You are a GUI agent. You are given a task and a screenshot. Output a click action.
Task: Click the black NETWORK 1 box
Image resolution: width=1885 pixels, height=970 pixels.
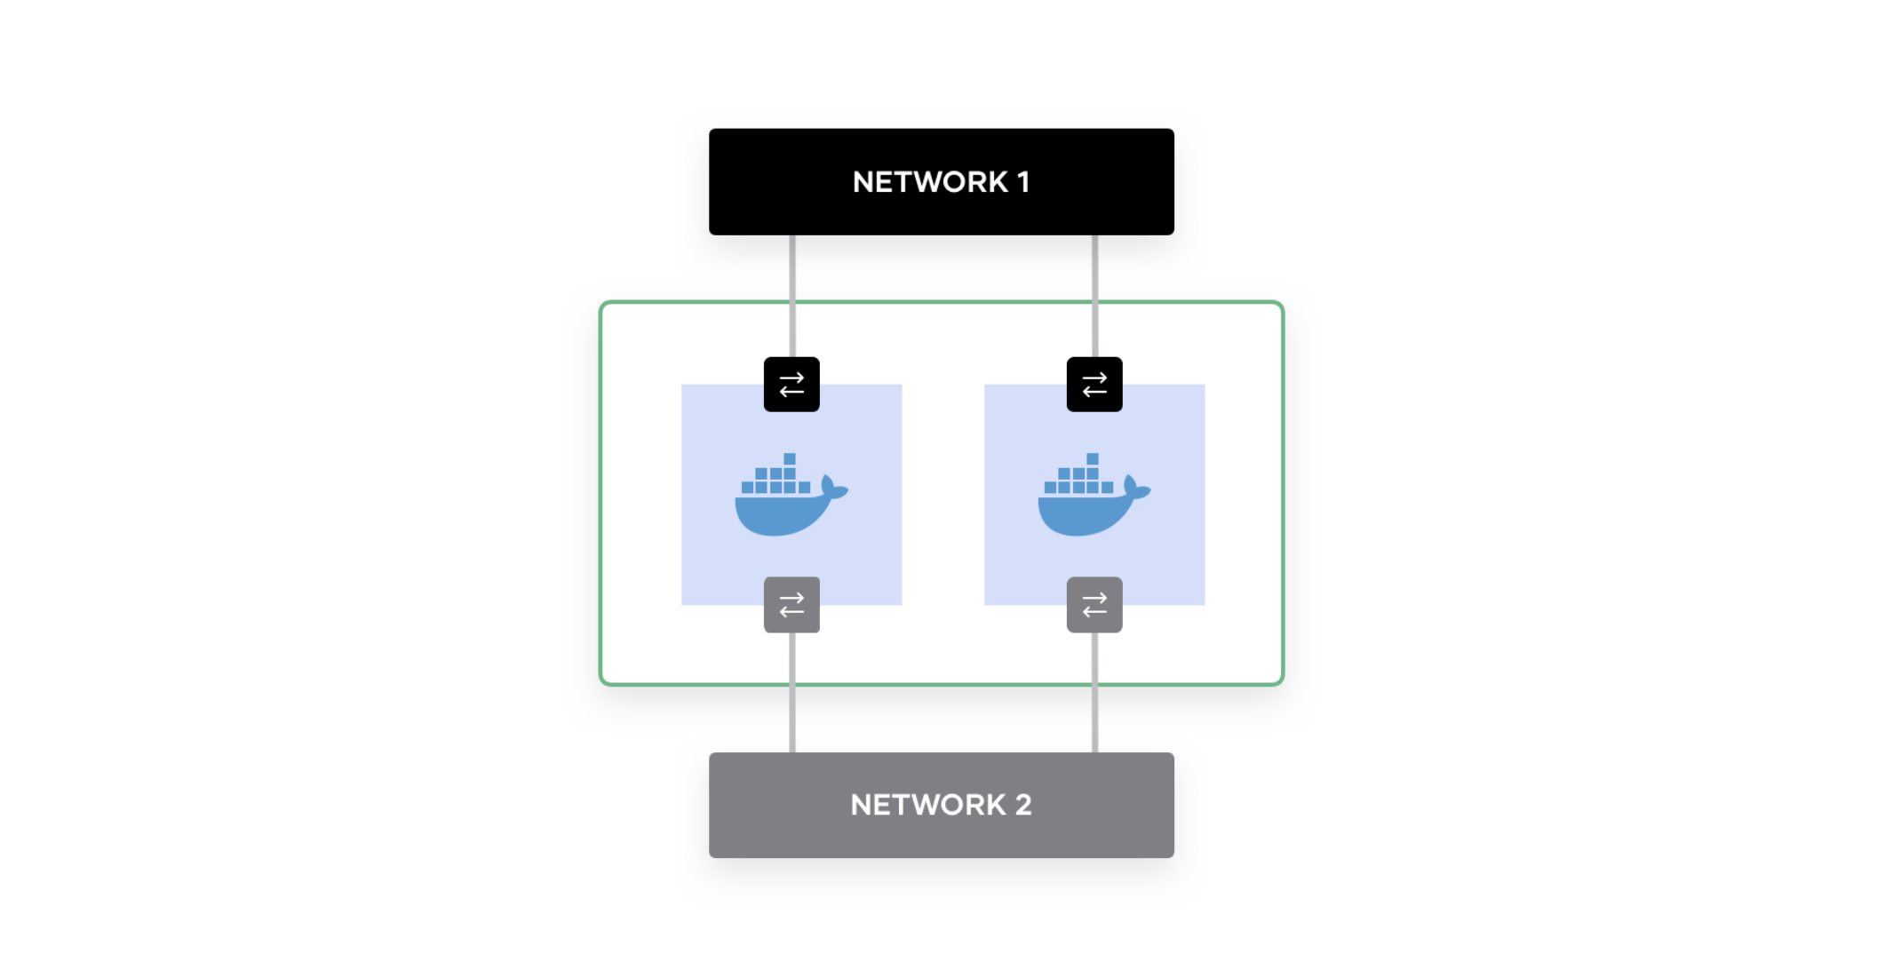(x=941, y=182)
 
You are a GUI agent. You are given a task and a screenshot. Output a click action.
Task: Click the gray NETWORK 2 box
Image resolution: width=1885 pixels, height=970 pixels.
(x=941, y=805)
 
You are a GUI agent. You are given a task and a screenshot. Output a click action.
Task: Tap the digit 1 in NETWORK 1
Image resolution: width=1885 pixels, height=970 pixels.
(x=1023, y=182)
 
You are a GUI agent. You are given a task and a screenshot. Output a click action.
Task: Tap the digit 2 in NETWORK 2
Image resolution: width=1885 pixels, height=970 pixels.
(x=1023, y=805)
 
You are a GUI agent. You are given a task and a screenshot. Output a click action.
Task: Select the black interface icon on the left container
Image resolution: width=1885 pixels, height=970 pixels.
(x=791, y=385)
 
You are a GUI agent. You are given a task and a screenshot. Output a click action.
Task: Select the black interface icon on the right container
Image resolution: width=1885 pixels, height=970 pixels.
(x=1094, y=385)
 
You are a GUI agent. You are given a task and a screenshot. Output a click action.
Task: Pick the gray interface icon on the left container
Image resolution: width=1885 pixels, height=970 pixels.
(x=791, y=605)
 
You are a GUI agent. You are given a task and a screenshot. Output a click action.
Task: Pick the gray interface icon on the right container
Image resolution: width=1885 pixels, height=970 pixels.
(x=1094, y=605)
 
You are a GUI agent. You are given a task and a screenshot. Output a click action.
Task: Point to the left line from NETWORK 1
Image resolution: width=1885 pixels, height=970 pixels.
(x=792, y=296)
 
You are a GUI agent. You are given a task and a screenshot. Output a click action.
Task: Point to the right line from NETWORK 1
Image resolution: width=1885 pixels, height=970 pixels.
(x=1095, y=296)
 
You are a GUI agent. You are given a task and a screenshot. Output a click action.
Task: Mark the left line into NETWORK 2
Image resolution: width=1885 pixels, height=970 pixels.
(x=792, y=693)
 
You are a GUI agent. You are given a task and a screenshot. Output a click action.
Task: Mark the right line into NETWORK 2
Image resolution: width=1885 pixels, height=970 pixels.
(x=1095, y=693)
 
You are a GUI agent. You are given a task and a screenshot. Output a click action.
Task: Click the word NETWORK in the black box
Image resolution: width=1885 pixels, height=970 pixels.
(x=930, y=182)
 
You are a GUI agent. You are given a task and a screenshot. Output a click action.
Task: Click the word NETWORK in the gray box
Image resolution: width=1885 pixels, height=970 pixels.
(x=928, y=805)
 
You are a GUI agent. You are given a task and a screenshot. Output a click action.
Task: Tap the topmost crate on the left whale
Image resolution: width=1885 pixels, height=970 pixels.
(x=790, y=459)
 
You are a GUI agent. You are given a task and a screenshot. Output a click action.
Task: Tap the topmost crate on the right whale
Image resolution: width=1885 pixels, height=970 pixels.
(x=1093, y=459)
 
